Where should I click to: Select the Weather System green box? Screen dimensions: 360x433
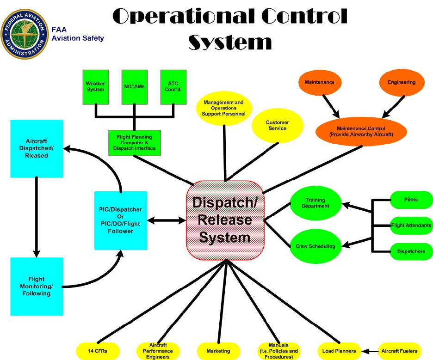click(x=95, y=86)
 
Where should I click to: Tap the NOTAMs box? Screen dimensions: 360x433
click(x=134, y=86)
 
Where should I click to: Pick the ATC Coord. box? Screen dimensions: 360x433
click(x=173, y=86)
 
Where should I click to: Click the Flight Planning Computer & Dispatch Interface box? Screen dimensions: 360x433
click(x=134, y=142)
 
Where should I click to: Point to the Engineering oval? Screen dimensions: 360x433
click(x=401, y=82)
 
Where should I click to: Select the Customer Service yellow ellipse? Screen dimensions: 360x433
click(x=278, y=125)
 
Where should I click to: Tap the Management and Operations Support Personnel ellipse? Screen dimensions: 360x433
click(x=224, y=108)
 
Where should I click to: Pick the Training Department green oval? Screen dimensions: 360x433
click(x=315, y=203)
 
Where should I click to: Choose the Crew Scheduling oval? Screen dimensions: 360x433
click(x=315, y=246)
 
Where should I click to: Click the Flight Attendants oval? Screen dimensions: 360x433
click(x=411, y=226)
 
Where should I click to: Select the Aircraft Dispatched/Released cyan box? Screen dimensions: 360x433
click(x=37, y=148)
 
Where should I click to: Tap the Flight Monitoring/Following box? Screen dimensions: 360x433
click(x=37, y=286)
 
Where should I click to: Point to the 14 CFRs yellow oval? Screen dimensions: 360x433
click(x=98, y=351)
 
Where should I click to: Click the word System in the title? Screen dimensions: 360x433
click(x=229, y=43)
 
